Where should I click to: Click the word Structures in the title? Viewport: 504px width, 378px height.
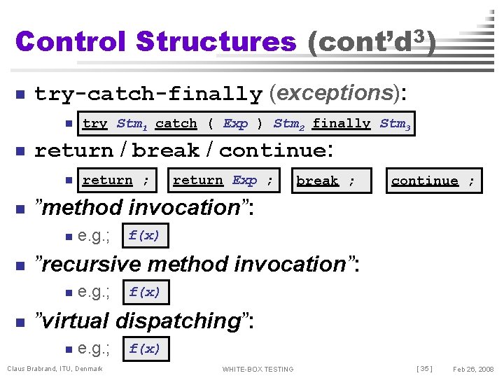point(216,41)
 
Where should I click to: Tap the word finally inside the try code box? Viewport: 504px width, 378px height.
point(341,124)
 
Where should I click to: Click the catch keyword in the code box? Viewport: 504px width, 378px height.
point(176,124)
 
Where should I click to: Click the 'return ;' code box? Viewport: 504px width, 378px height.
point(115,181)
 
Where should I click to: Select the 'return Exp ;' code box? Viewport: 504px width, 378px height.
point(223,181)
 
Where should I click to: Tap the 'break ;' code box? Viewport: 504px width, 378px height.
point(325,181)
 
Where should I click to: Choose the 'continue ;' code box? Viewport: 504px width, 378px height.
point(433,181)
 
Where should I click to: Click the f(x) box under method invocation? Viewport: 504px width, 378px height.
point(144,235)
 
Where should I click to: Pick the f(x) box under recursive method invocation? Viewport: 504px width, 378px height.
point(144,292)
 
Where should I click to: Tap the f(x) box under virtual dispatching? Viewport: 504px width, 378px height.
point(144,349)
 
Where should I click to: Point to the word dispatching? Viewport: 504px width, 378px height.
point(178,321)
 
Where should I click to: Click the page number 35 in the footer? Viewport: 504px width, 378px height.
point(423,369)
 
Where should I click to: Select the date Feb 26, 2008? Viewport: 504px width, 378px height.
point(473,369)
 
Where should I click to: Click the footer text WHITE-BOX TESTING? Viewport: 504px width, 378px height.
point(258,369)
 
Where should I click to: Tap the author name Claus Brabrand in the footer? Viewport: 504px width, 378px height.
point(35,369)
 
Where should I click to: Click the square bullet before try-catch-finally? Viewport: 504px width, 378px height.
point(20,94)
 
